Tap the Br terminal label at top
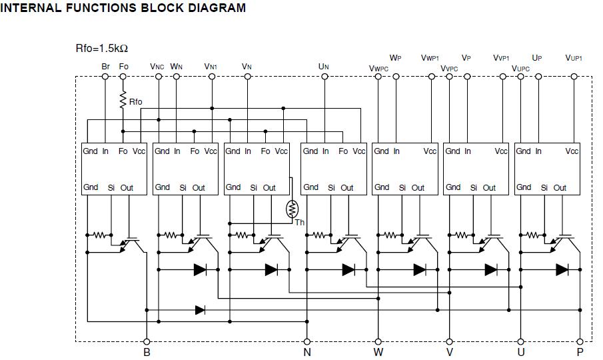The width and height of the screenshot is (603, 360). (x=105, y=67)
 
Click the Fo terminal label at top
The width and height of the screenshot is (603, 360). (x=123, y=67)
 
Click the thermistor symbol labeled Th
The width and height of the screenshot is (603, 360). (x=292, y=209)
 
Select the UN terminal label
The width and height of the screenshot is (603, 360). (x=324, y=67)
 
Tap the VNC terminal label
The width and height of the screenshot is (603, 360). (x=157, y=67)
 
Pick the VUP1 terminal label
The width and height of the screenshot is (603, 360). (x=574, y=59)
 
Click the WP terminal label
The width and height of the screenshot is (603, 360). (x=396, y=59)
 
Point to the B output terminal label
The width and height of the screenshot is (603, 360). (x=147, y=352)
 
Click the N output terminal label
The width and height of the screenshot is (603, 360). (x=307, y=352)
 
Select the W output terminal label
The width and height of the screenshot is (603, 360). (x=378, y=352)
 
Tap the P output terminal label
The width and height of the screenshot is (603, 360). (x=580, y=352)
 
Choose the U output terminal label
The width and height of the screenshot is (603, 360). (x=520, y=352)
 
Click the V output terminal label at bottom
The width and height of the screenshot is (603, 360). (x=450, y=352)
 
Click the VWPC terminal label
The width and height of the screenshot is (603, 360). (x=378, y=68)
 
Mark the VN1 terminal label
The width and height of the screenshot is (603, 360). (x=211, y=67)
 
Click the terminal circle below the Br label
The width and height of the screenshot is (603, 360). (x=105, y=77)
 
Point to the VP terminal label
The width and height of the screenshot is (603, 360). (x=466, y=59)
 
